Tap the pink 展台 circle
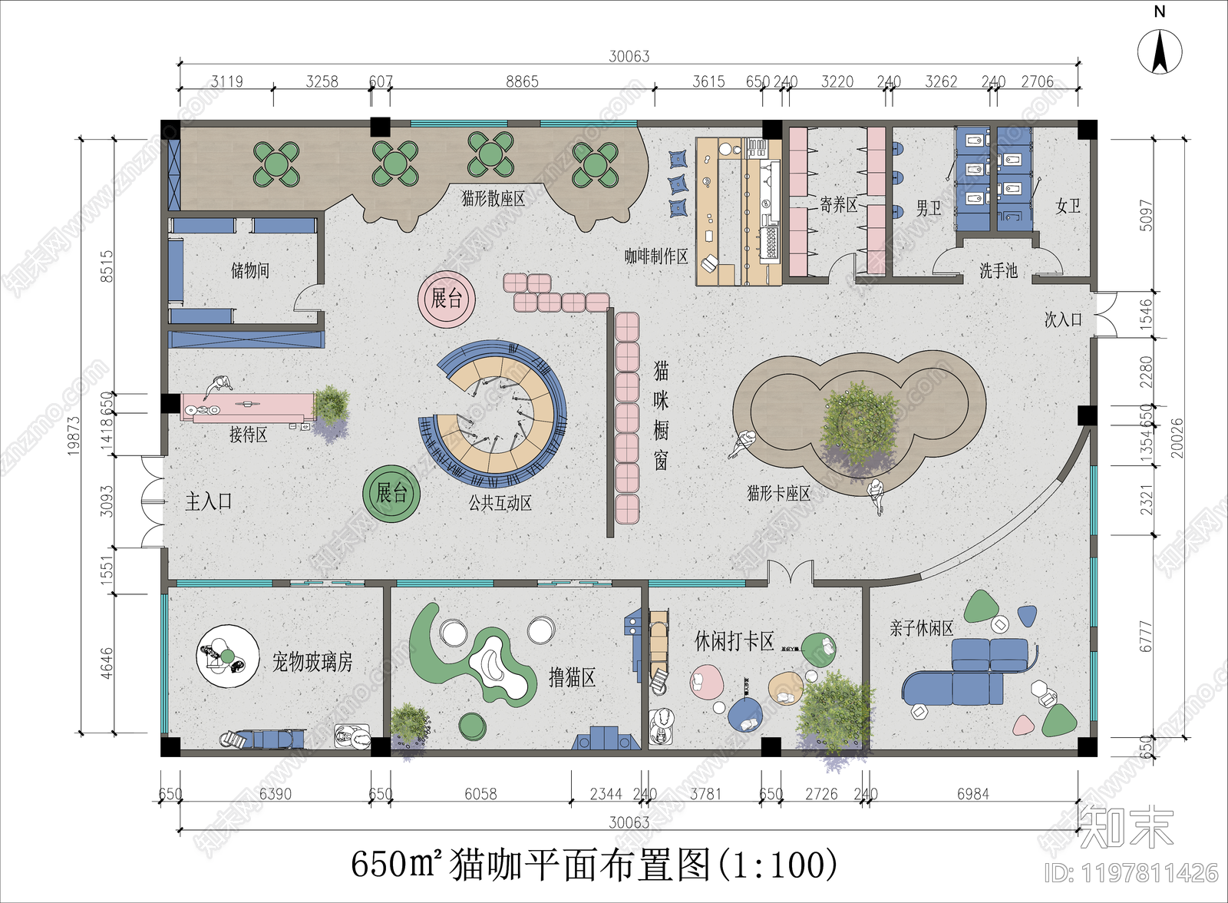[x=447, y=299]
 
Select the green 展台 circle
[x=391, y=493]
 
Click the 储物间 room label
[x=250, y=270]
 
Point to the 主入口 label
[x=209, y=502]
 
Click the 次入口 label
[x=1063, y=319]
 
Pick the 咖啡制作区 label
[x=656, y=256]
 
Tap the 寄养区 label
[x=838, y=205]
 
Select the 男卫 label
[x=928, y=208]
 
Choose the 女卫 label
[x=1068, y=206]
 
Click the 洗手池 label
[x=998, y=271]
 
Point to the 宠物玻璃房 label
[x=312, y=662]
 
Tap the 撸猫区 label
[x=572, y=677]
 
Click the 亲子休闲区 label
[x=921, y=629]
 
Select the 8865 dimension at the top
[x=522, y=82]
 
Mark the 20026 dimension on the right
[x=1177, y=438]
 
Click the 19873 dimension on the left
[x=74, y=435]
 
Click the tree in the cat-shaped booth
[x=860, y=422]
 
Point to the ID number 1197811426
[x=1131, y=873]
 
